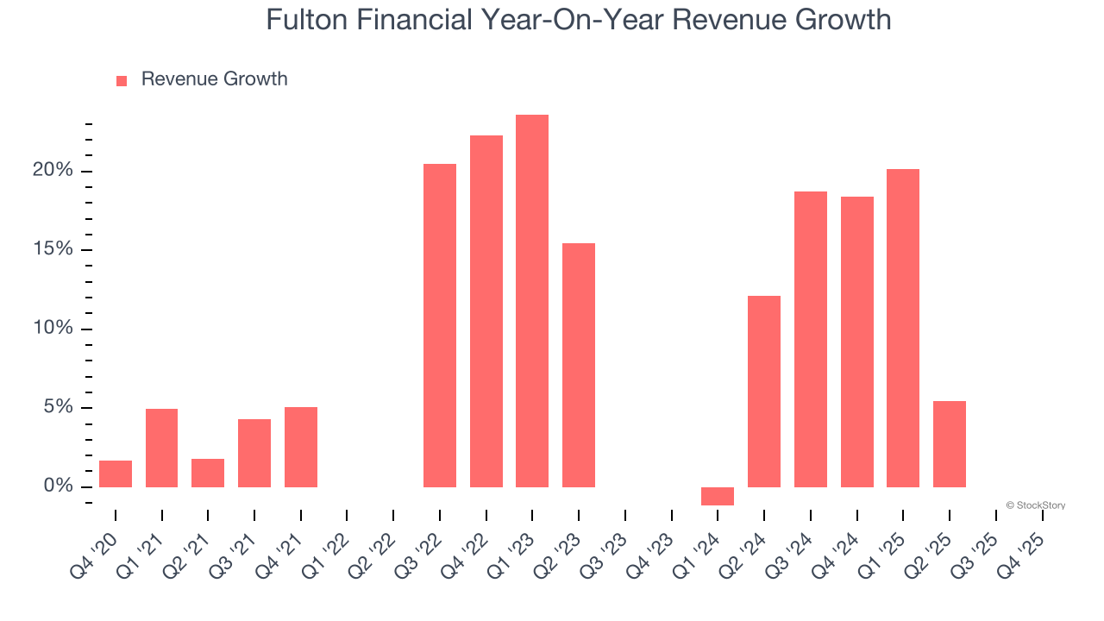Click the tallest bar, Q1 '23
click(x=532, y=301)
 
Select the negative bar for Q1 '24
click(x=718, y=496)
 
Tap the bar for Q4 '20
click(x=116, y=474)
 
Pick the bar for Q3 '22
click(x=440, y=325)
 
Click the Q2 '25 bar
click(x=950, y=444)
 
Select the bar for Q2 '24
click(x=764, y=392)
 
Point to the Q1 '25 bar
click(x=903, y=328)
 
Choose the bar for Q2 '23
click(x=579, y=365)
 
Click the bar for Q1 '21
click(x=162, y=448)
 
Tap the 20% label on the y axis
click(x=53, y=171)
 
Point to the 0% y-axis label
click(x=58, y=486)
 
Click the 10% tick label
click(x=53, y=329)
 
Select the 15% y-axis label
click(x=53, y=250)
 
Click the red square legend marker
click(x=122, y=80)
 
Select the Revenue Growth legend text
click(x=214, y=79)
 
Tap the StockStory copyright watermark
click(x=1035, y=505)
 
